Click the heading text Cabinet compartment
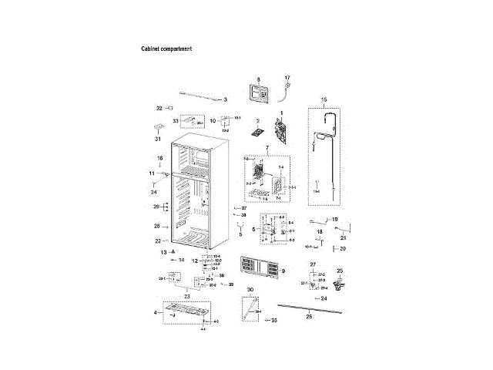166,49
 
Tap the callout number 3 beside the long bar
226,100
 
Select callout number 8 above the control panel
259,79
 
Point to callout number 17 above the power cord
287,79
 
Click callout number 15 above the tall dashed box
324,100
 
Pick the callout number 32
159,108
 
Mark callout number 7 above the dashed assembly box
267,147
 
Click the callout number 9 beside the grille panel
283,271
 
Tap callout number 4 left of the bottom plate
156,312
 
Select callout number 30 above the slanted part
250,290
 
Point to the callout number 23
186,295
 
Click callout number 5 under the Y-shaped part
240,234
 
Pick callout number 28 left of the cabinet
156,227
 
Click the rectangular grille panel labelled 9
260,267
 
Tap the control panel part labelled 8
259,94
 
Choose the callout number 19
335,220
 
